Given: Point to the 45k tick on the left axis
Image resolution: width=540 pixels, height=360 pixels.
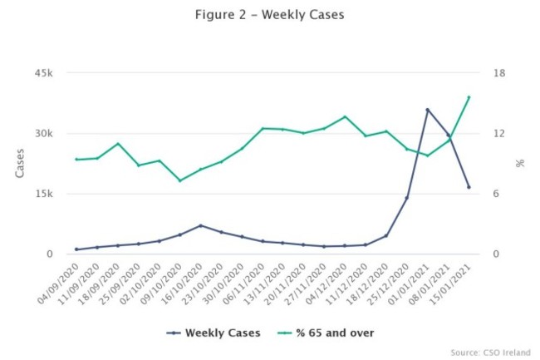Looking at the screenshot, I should coord(44,73).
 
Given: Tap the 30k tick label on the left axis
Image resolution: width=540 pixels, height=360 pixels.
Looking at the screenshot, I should coord(44,134).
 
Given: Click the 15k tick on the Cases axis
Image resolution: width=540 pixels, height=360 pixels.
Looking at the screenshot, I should coord(44,194).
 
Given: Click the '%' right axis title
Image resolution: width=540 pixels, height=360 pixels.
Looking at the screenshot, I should coord(520,164).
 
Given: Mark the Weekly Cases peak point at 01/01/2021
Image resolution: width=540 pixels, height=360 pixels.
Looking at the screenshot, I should coord(428,110).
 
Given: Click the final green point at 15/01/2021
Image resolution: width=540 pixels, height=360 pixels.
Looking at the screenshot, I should coord(469,97).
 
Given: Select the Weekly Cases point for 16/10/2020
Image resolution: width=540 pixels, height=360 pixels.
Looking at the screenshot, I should coord(200,225).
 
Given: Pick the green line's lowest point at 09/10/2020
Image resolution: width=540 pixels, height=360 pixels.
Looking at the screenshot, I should coord(179,180).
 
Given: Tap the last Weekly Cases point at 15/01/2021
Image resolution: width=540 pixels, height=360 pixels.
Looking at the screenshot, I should coord(469,187).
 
